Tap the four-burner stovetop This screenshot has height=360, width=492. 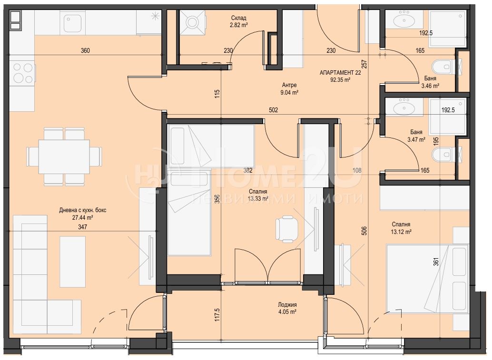22,73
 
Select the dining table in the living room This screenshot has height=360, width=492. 64,156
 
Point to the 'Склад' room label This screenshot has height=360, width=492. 238,18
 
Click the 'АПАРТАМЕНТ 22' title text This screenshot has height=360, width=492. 340,73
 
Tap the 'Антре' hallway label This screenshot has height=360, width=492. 289,85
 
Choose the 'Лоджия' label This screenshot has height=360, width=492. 287,304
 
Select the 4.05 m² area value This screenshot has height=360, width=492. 287,311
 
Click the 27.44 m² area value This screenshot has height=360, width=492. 82,217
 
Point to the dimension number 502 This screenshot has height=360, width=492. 273,110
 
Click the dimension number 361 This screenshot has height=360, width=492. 435,262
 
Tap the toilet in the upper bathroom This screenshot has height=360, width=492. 443,67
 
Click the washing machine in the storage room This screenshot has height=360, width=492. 192,22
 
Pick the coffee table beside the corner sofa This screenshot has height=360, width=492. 72,262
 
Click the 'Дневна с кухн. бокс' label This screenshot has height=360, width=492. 82,210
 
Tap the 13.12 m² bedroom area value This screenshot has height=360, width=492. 401,232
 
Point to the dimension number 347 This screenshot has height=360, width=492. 82,227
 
